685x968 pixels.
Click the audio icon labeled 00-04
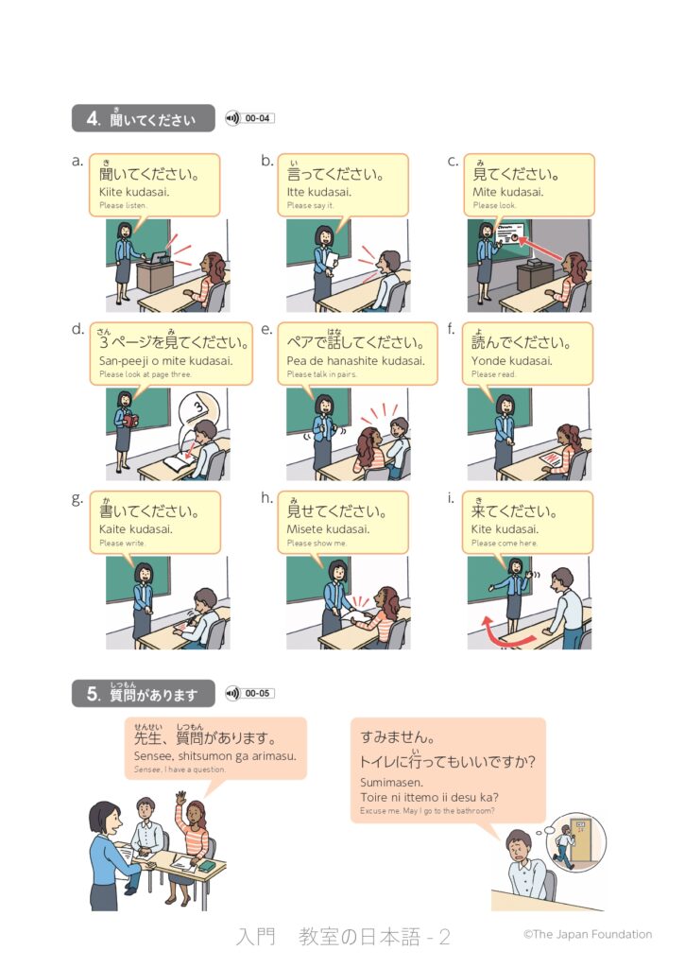tap(232, 118)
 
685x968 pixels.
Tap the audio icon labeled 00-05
tap(232, 693)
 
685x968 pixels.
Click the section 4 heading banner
tap(144, 118)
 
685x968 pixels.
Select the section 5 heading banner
tap(144, 693)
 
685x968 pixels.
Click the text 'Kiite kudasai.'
tap(134, 192)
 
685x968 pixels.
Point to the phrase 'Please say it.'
tap(310, 205)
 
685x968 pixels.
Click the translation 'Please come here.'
tap(505, 544)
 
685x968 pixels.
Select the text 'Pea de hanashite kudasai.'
tap(355, 361)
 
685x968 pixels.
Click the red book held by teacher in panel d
tap(129, 421)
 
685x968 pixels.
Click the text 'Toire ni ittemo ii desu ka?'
tap(430, 797)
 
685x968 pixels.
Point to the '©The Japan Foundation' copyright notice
tap(588, 935)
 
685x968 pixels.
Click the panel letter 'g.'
tap(77, 499)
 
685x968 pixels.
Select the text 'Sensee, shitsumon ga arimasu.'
tap(214, 755)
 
